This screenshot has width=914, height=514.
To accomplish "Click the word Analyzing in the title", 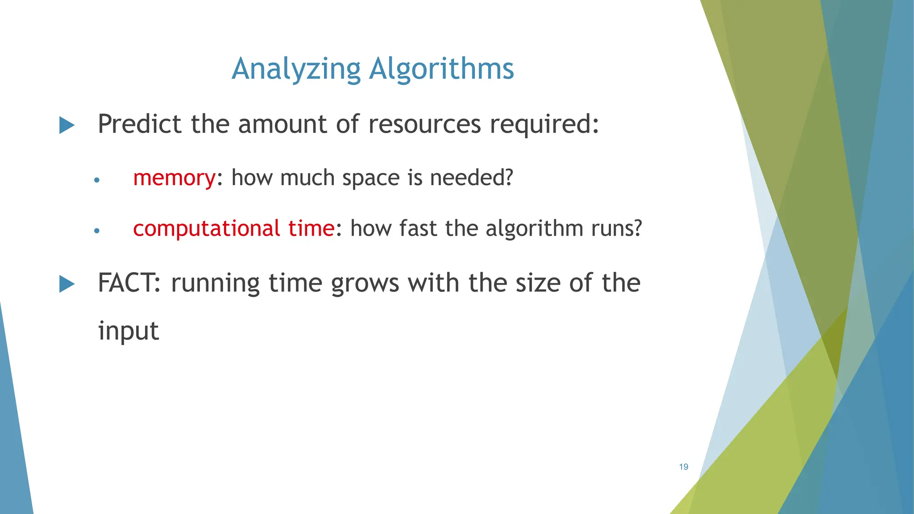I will (x=296, y=69).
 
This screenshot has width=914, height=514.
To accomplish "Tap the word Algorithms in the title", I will (x=442, y=69).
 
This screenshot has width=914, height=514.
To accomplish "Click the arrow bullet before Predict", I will (x=67, y=125).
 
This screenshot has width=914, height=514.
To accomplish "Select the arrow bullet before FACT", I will (x=67, y=284).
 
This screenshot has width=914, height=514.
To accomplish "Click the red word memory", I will (x=174, y=178).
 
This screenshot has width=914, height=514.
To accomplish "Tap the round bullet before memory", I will (x=97, y=180).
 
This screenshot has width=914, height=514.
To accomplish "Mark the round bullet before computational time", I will (x=97, y=231).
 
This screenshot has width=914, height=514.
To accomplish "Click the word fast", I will (x=418, y=228).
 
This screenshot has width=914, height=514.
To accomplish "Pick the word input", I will (x=129, y=331).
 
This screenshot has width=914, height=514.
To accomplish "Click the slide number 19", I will (x=684, y=467).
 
